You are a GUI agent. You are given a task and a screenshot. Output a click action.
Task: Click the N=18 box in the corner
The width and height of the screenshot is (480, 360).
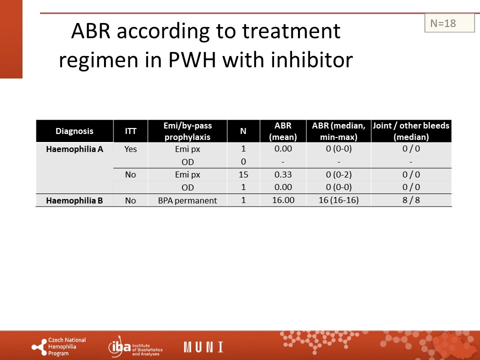click(x=449, y=23)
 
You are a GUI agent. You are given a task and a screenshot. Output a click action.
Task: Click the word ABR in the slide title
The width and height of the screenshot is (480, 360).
click(x=90, y=30)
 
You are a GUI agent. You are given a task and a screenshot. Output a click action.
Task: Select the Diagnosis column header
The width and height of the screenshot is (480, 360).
click(x=74, y=131)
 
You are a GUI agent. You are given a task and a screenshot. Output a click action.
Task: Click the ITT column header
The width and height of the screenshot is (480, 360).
click(x=130, y=131)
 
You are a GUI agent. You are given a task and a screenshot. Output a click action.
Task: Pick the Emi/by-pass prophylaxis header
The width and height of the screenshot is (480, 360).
click(x=187, y=131)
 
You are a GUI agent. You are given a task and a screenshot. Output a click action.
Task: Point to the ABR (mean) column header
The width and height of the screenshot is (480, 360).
click(x=283, y=131)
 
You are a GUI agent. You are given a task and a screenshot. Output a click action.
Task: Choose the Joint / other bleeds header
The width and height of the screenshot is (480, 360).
click(x=411, y=131)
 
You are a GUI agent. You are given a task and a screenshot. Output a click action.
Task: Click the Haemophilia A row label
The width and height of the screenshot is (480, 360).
click(x=74, y=149)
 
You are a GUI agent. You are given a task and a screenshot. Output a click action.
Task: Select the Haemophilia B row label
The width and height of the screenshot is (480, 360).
click(x=74, y=200)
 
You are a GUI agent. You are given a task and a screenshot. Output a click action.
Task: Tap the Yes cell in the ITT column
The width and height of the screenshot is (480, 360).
click(x=130, y=149)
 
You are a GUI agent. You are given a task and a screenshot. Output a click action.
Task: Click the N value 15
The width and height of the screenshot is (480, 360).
click(x=243, y=174)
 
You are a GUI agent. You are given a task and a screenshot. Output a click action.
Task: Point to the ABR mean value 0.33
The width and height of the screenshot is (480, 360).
click(x=283, y=174)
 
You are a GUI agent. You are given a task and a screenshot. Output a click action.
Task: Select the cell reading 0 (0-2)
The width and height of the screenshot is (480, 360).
click(x=338, y=174)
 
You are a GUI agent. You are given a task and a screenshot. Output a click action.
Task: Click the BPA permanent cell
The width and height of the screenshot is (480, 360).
click(x=187, y=200)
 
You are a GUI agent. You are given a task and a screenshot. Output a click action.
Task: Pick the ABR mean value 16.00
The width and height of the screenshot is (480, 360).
click(x=283, y=200)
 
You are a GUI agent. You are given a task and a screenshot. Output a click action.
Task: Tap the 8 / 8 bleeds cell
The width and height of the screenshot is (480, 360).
click(x=411, y=200)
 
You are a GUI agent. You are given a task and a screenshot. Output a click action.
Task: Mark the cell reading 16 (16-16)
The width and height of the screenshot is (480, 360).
click(x=338, y=200)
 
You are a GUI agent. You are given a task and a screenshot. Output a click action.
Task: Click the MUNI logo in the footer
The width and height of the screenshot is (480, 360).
click(x=203, y=347)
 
